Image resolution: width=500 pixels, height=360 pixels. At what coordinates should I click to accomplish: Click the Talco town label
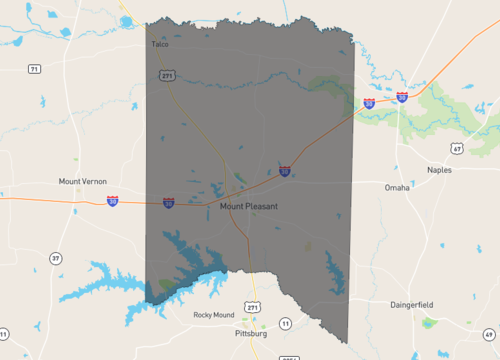click(x=160, y=44)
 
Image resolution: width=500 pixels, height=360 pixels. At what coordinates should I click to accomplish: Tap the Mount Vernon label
click(x=82, y=182)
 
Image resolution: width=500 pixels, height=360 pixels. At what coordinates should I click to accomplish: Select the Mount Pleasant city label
click(x=248, y=206)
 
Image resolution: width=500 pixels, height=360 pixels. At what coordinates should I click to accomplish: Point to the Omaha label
click(x=397, y=187)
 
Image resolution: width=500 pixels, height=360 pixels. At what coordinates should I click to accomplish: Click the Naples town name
click(x=439, y=170)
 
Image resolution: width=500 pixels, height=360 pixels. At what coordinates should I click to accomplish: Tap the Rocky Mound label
click(x=213, y=315)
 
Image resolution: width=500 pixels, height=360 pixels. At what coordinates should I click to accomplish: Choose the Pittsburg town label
click(x=251, y=333)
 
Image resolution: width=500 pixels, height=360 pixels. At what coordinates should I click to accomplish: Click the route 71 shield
click(x=35, y=69)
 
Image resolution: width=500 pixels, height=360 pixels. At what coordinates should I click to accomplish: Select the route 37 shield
click(x=55, y=258)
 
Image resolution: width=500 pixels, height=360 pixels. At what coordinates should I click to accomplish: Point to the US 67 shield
click(x=456, y=149)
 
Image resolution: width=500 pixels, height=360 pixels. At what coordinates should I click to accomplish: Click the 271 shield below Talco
click(x=167, y=75)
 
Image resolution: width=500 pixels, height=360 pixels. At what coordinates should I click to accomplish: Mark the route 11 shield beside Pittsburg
click(x=285, y=322)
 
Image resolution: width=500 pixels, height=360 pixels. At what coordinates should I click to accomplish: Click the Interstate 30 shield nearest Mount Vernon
click(x=112, y=201)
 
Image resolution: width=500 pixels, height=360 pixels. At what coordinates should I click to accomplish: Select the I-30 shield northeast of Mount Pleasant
click(x=285, y=171)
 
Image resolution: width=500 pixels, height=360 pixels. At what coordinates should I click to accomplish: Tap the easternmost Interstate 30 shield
click(x=402, y=97)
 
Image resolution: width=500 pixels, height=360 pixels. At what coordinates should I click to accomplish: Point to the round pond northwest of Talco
click(x=65, y=32)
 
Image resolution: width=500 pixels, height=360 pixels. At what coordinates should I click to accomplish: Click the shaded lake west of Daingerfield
click(x=333, y=270)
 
